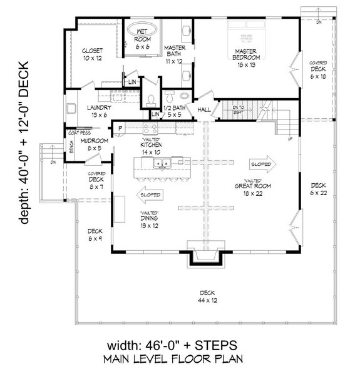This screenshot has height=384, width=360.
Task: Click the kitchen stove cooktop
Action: click(150, 128)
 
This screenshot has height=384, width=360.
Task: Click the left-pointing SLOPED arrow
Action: click(148, 195)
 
